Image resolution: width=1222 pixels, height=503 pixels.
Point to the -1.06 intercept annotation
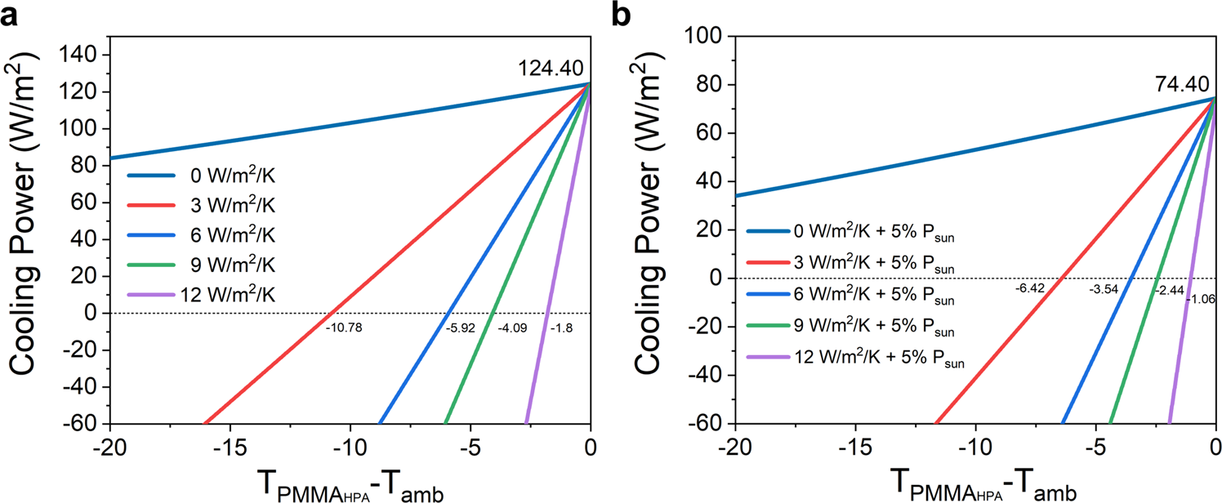[x=1201, y=299]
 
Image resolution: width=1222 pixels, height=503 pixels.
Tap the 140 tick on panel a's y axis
[x=83, y=55]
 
